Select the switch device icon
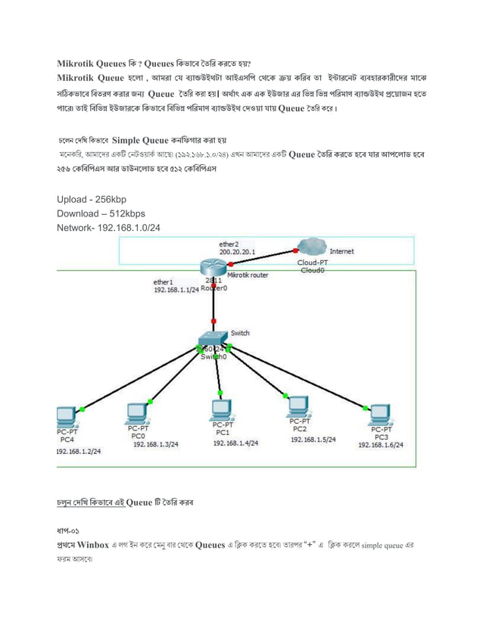tap(213, 339)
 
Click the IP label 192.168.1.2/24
tap(79, 451)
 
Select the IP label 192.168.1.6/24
tap(381, 446)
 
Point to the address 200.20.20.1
tap(237, 250)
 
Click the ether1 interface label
tap(163, 282)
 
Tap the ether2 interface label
tap(229, 244)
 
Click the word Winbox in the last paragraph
tap(92, 544)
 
